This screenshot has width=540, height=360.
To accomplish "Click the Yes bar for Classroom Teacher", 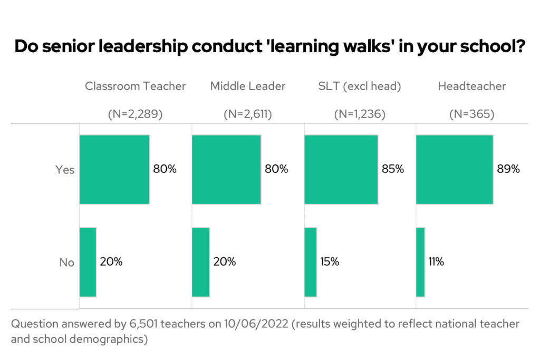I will click(114, 170).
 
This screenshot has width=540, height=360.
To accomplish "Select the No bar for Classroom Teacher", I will click(88, 262).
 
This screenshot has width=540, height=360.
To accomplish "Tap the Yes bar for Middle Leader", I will click(226, 170).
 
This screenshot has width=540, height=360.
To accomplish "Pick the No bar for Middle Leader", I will click(201, 262).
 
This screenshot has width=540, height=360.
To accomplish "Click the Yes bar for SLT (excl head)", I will click(341, 170).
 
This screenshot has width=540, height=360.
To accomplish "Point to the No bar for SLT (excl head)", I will click(311, 262).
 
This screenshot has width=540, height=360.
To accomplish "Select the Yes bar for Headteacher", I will click(455, 170).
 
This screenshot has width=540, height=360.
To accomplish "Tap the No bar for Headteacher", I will click(420, 262).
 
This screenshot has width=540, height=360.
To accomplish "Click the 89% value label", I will click(508, 169).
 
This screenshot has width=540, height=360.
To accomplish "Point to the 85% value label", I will click(392, 169).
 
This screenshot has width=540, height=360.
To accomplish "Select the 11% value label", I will click(436, 261).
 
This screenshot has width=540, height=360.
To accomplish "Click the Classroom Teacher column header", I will click(136, 86).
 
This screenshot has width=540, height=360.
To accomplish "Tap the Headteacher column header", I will click(471, 86).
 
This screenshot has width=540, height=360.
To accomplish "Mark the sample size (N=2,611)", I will click(248, 114).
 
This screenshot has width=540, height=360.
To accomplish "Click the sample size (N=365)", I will click(471, 114).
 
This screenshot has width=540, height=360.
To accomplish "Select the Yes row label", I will click(65, 170).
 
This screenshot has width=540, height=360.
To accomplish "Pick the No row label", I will click(67, 262).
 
